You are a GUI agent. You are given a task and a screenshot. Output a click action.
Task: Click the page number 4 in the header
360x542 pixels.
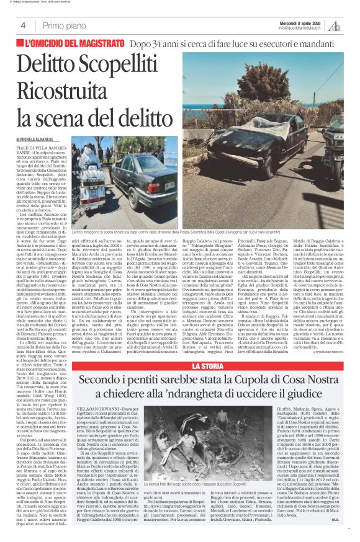23,25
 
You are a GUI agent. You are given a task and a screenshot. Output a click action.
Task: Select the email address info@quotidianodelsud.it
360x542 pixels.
301,28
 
